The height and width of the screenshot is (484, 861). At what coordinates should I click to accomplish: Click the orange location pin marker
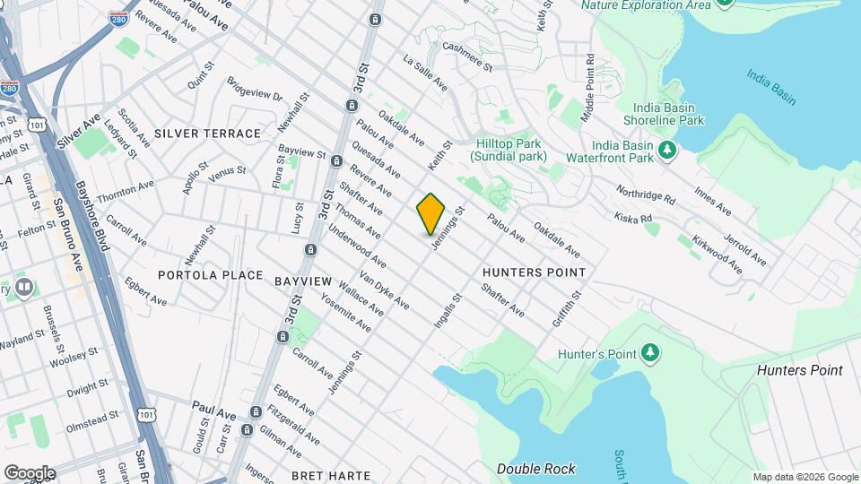[430, 212]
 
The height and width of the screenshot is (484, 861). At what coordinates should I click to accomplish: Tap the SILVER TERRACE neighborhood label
[207, 134]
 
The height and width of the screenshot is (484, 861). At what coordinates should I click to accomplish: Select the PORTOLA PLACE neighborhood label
[211, 275]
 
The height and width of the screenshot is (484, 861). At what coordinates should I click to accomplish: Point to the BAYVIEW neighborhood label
[303, 281]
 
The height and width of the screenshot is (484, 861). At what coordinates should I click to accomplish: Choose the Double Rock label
[536, 469]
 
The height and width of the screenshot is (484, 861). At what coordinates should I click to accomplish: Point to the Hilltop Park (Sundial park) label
[509, 148]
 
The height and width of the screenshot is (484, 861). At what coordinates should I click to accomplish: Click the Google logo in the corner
[30, 472]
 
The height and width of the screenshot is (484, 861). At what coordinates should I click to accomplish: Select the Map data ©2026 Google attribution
[804, 477]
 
